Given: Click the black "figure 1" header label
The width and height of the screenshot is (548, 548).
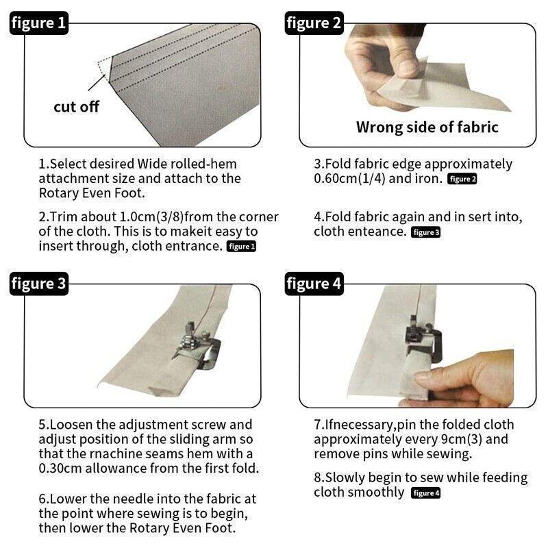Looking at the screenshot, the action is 39,23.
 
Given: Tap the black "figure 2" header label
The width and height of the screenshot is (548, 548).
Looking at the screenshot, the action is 314,23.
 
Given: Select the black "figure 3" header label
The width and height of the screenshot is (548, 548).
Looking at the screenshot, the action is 39,284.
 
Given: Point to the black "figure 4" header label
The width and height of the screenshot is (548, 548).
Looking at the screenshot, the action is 314,284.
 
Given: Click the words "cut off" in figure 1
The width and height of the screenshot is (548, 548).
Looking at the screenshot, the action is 77,107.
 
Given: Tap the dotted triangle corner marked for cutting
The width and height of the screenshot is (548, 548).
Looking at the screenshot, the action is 105,68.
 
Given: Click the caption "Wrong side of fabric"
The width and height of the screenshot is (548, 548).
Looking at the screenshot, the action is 427,127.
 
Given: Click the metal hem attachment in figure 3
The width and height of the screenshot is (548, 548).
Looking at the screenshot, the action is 197,346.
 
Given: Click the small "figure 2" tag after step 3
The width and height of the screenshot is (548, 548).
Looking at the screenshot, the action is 462,179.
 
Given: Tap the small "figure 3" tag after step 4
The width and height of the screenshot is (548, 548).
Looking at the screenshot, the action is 425,232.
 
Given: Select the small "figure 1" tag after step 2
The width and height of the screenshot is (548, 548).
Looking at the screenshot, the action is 242,247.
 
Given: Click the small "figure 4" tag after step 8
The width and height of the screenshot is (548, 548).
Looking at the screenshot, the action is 425,493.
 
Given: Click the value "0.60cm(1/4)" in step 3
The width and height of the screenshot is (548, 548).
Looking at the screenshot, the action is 349,179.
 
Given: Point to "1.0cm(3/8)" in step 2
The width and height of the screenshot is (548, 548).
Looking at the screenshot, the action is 151,216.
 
